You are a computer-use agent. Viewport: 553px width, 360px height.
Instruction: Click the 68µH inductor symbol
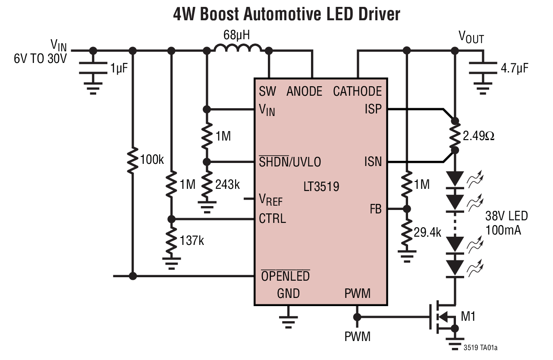pyautogui.click(x=238, y=48)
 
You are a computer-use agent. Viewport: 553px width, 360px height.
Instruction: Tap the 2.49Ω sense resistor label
pyautogui.click(x=478, y=137)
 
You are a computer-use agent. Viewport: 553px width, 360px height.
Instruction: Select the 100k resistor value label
pyautogui.click(x=152, y=160)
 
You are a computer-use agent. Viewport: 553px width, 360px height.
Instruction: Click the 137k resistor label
pyautogui.click(x=192, y=240)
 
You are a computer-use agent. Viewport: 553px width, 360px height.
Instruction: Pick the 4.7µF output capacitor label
pyautogui.click(x=514, y=68)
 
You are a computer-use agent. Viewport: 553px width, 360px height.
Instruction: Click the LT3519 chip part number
pyautogui.click(x=321, y=186)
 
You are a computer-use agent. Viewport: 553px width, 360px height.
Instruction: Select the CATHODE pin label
pyautogui.click(x=357, y=91)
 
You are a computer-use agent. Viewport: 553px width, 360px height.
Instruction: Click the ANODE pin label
pyautogui.click(x=304, y=91)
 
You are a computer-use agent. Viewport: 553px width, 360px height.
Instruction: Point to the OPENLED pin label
pyautogui.click(x=285, y=276)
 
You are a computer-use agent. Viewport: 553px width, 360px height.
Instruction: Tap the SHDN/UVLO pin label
pyautogui.click(x=289, y=162)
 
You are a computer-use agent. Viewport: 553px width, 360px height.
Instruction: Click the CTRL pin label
pyautogui.click(x=272, y=219)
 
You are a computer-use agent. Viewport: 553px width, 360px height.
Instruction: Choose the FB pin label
pyautogui.click(x=375, y=209)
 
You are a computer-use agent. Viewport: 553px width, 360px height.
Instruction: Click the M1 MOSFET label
pyautogui.click(x=468, y=317)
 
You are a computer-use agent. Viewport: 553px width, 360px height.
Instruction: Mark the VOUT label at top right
pyautogui.click(x=471, y=38)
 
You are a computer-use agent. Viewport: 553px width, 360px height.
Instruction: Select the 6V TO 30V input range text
pyautogui.click(x=40, y=59)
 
